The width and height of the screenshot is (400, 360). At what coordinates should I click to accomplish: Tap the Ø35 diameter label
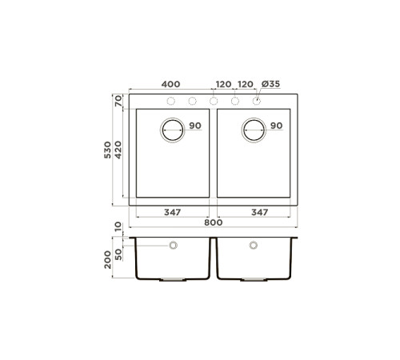pos(269,83)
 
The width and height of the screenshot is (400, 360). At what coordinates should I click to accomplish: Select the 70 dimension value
pos(117,101)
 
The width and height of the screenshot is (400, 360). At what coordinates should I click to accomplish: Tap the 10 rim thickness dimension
pos(117,227)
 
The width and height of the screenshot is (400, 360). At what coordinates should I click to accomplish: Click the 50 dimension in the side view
pos(117,254)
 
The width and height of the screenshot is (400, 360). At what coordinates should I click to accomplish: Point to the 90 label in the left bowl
pos(195,126)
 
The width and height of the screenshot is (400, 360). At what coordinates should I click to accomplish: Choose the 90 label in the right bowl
pos(276,126)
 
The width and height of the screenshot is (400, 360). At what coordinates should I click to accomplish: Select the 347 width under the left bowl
pos(172,212)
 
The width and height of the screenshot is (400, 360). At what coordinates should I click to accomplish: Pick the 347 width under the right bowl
pos(254,212)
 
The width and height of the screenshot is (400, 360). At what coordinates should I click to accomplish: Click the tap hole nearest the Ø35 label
pos(257,101)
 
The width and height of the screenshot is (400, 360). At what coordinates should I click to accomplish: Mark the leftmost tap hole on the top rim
pos(170,101)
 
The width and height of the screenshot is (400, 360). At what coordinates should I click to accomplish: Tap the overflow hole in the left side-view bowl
pos(173,245)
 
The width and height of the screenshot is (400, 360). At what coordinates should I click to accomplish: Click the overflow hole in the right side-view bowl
pos(254,245)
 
